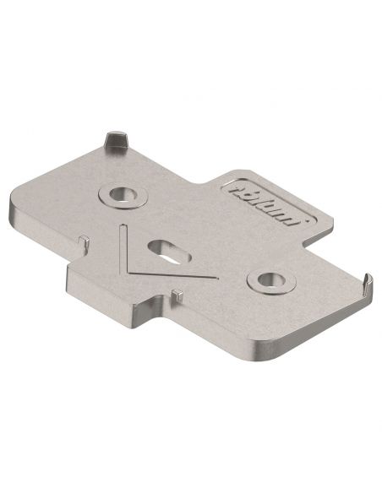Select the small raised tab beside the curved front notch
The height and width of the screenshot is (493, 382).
pyautogui.click(x=177, y=293)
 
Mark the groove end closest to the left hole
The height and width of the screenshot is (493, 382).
pyautogui.click(x=123, y=226)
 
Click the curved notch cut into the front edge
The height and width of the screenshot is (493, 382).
pyautogui.click(x=154, y=307)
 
